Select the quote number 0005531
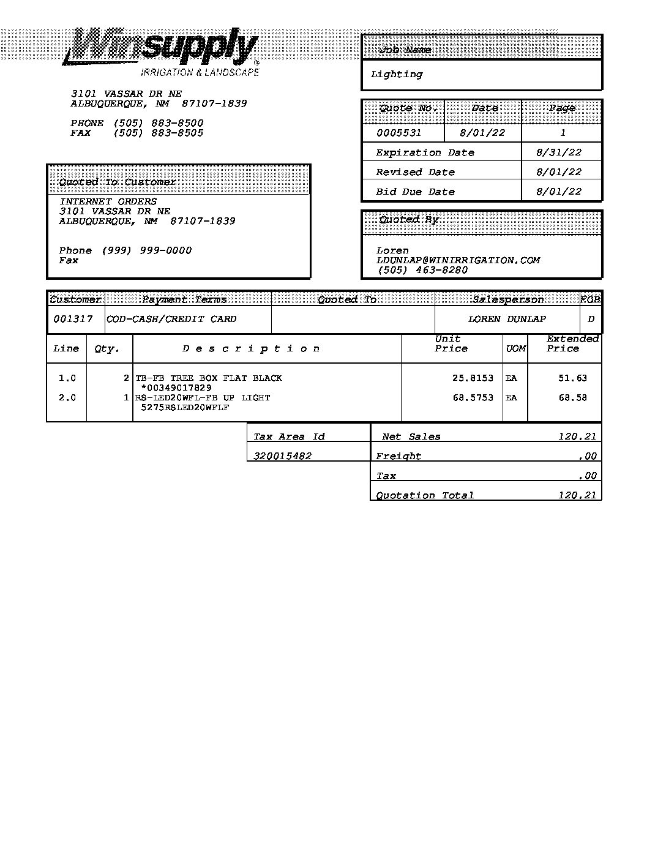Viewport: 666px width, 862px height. (x=398, y=133)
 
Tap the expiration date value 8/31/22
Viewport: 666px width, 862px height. (x=558, y=152)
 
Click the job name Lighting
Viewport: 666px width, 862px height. (x=397, y=75)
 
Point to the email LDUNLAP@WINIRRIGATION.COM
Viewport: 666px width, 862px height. (x=458, y=260)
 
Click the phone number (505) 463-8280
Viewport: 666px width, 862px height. (x=422, y=270)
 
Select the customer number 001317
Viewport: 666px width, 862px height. (x=73, y=319)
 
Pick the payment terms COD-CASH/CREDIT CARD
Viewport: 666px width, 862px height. (x=171, y=319)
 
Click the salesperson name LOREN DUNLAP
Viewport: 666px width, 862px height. (x=507, y=319)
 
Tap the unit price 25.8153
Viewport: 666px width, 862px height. (x=473, y=378)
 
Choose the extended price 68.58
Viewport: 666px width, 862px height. (x=572, y=398)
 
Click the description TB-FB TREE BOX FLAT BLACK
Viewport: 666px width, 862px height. (x=209, y=378)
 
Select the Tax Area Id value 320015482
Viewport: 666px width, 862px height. (x=282, y=456)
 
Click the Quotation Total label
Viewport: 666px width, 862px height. (x=425, y=495)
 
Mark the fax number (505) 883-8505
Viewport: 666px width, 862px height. (x=158, y=133)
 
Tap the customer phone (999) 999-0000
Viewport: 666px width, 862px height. (x=146, y=250)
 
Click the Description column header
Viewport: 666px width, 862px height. (x=251, y=349)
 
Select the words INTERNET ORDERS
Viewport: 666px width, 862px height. (x=108, y=201)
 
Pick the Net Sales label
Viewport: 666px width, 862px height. (x=411, y=437)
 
